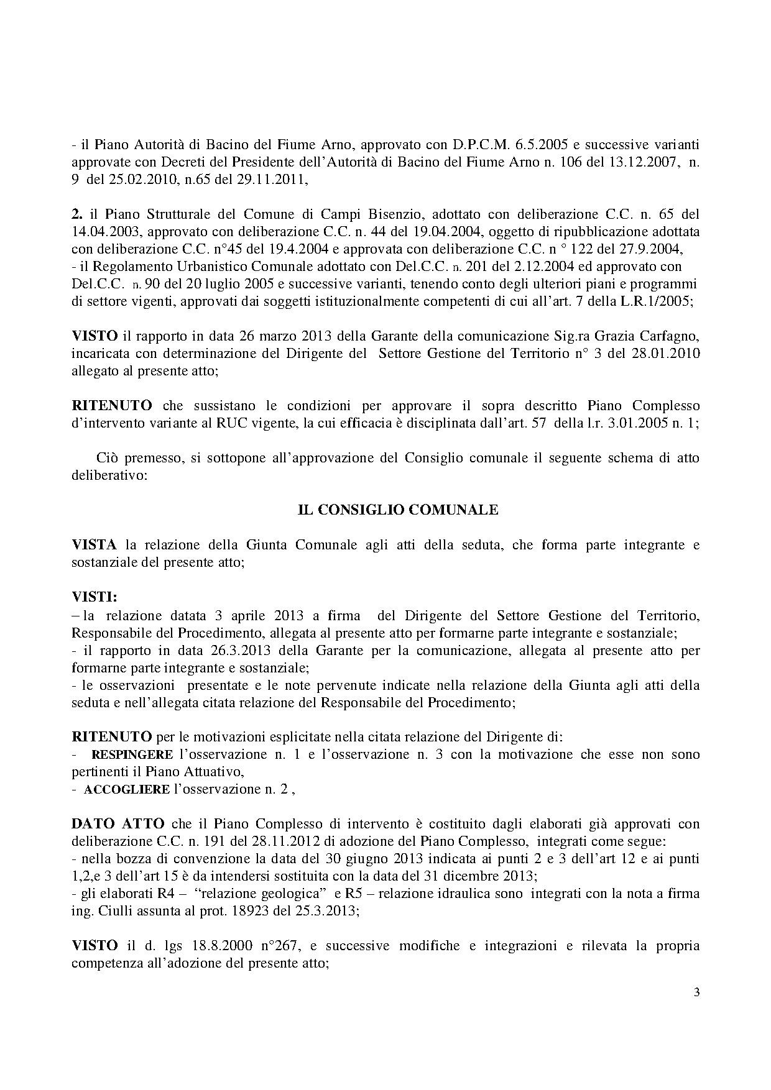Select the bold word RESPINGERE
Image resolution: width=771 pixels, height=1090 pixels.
point(132,754)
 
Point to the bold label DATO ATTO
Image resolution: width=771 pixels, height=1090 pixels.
point(118,824)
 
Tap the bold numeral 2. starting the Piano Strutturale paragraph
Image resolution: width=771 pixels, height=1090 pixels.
point(77,214)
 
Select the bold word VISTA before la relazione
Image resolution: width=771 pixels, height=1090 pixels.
point(95,545)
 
